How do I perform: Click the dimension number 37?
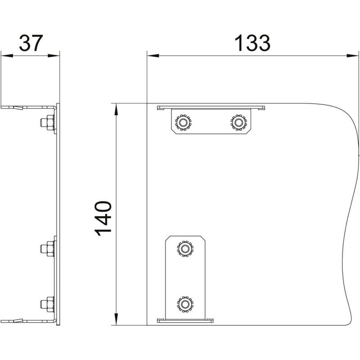point(31,43)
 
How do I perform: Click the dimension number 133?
point(252,43)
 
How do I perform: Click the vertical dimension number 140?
point(103,219)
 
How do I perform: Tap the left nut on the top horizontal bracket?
point(183,122)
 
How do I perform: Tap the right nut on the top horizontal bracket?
point(239,122)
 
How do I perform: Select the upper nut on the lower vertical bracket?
point(185,249)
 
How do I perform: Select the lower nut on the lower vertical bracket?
point(185,304)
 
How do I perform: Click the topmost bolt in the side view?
point(48,123)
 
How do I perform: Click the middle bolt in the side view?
point(48,249)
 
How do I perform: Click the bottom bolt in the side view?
point(48,304)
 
